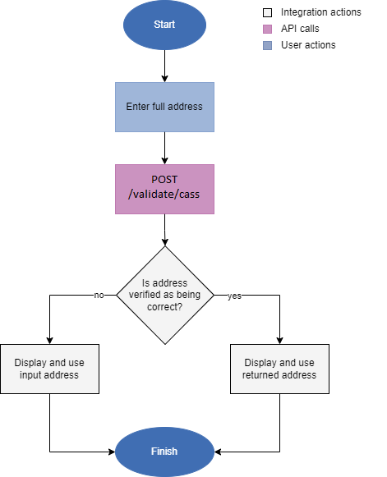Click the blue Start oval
[x=164, y=25]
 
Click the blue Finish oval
[x=164, y=452]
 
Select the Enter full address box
[x=164, y=107]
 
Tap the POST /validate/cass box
[x=164, y=189]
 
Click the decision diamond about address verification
[x=164, y=295]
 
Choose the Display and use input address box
[x=50, y=369]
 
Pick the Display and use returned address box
[x=279, y=369]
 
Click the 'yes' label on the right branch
[x=234, y=296]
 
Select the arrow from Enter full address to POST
[x=164, y=148]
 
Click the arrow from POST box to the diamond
[x=164, y=230]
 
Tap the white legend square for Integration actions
[x=267, y=13]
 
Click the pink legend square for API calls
[x=267, y=29]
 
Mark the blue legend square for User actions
[x=267, y=45]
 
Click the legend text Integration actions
[x=320, y=13]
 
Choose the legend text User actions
[x=308, y=45]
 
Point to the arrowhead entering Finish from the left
[x=110, y=452]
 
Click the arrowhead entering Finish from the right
[x=219, y=452]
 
